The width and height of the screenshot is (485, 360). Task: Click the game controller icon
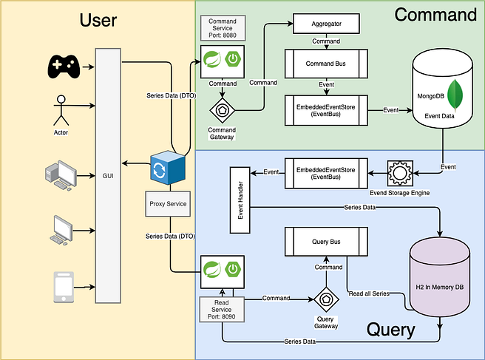(x=64, y=66)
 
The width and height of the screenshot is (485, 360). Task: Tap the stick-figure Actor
(x=61, y=110)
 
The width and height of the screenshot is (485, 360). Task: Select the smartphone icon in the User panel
(x=64, y=287)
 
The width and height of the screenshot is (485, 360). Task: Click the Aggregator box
(x=326, y=24)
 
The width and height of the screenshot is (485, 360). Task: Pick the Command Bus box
(x=325, y=64)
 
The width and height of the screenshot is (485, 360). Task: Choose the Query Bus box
(x=326, y=241)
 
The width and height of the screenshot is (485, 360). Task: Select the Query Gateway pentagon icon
(x=326, y=300)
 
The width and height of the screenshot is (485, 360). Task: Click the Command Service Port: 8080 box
(x=222, y=27)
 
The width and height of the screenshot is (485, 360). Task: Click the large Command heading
(x=435, y=15)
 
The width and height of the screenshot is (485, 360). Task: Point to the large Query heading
(x=391, y=329)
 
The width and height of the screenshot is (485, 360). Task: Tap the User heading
(x=98, y=19)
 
